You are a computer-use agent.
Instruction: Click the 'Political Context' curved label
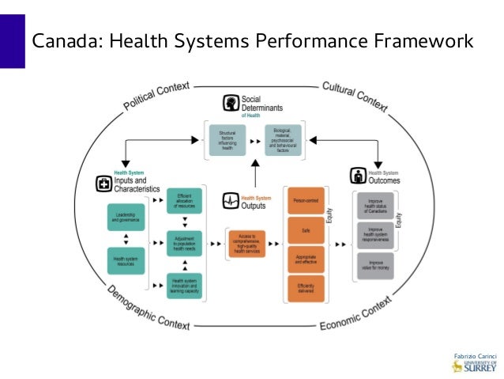(156, 95)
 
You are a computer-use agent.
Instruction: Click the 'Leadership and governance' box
(126, 218)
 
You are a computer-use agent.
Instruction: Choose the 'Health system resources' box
(126, 260)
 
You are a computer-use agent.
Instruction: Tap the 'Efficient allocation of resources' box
(185, 200)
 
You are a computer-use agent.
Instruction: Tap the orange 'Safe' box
(305, 230)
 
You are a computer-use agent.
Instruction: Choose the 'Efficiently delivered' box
(305, 287)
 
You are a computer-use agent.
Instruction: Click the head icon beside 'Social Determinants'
(230, 104)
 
